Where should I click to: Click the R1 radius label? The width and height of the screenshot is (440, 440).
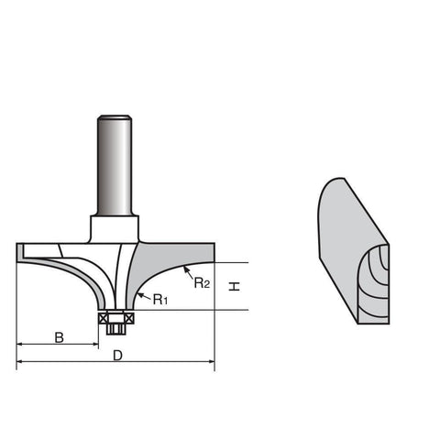pyautogui.click(x=160, y=300)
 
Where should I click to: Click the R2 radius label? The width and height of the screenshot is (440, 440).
pyautogui.click(x=202, y=282)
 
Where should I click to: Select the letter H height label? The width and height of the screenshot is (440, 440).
pyautogui.click(x=235, y=287)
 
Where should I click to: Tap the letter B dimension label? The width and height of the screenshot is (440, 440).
pyautogui.click(x=59, y=337)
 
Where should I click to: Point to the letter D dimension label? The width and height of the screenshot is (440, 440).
pyautogui.click(x=117, y=356)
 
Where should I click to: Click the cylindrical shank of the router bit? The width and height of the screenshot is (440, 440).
pyautogui.click(x=115, y=166)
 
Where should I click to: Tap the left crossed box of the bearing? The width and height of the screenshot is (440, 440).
pyautogui.click(x=104, y=319)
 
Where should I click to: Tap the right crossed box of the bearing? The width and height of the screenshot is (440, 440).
pyautogui.click(x=129, y=319)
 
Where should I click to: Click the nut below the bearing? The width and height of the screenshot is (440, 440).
pyautogui.click(x=115, y=329)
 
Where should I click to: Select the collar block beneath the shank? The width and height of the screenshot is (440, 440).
pyautogui.click(x=115, y=229)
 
